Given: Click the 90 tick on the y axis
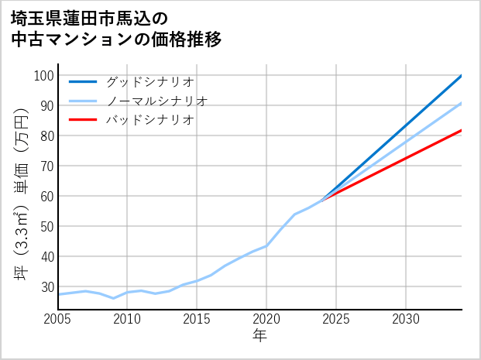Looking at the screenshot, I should tap(45, 106).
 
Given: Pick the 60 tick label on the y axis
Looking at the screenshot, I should tap(45, 197).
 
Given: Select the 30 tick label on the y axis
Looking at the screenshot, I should tap(45, 287).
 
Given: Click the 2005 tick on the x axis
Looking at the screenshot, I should tap(58, 319).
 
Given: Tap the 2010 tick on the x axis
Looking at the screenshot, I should tap(127, 319).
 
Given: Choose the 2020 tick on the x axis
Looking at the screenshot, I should tap(266, 319).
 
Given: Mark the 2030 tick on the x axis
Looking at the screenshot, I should tap(406, 319).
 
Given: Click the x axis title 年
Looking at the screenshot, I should tap(259, 336).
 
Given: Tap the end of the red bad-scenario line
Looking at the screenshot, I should tap(462, 130).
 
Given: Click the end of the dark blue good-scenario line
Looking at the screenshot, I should tap(462, 76).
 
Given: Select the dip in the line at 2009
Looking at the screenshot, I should tap(113, 298).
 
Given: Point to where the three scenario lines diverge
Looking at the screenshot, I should tap(322, 200).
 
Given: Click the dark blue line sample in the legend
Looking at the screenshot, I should tap(83, 81).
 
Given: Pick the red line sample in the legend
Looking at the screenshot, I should tap(83, 120).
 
